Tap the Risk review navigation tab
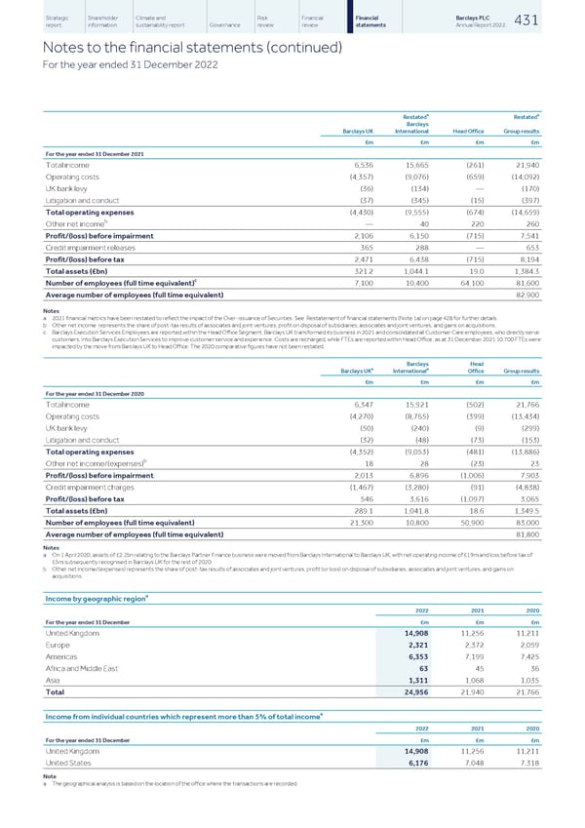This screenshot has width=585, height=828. point(265,21)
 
